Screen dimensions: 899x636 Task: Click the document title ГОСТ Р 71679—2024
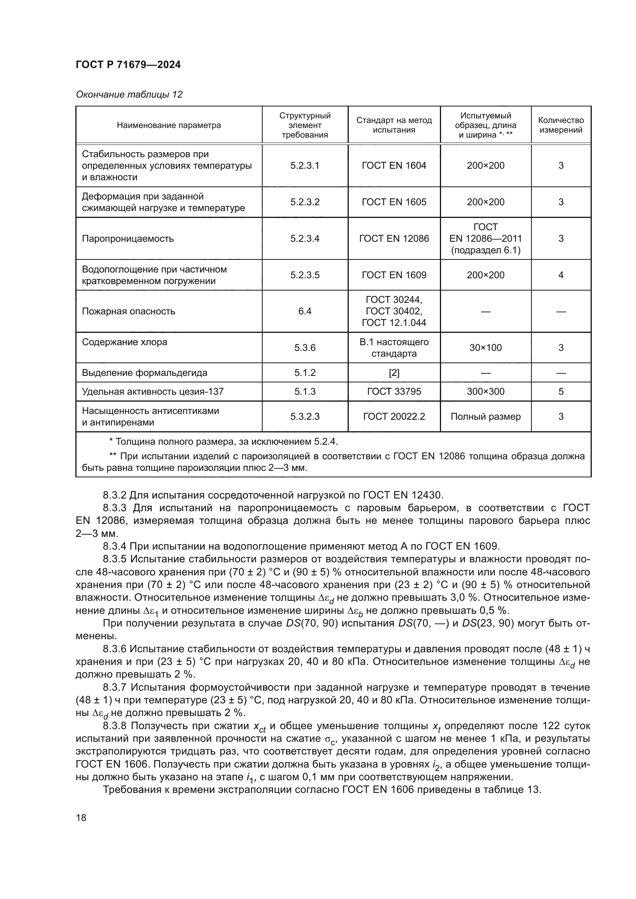[128, 65]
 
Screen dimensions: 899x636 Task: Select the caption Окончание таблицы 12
[129, 95]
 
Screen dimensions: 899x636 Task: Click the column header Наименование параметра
[169, 125]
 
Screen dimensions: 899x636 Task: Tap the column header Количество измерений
[561, 125]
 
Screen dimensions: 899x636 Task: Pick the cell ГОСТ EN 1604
[394, 166]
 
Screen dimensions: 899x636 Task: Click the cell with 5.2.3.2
[305, 202]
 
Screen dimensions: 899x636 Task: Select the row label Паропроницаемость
[128, 239]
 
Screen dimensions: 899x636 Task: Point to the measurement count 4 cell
[561, 275]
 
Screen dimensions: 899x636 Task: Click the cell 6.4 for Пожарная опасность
[305, 311]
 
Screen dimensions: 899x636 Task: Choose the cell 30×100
[486, 348]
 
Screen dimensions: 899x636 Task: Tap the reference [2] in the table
[394, 373]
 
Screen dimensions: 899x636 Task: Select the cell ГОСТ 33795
[394, 392]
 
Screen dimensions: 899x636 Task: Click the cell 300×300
[486, 392]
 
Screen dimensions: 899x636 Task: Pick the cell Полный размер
[486, 417]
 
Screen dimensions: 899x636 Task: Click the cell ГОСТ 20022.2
[394, 417]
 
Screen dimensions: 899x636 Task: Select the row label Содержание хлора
[125, 342]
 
